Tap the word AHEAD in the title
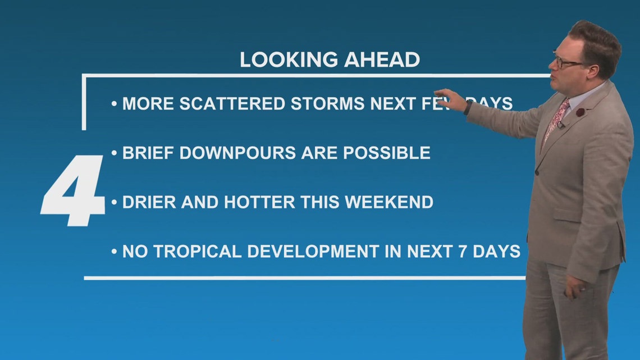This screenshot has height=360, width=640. [x=382, y=60]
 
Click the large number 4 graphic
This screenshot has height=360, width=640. [x=73, y=190]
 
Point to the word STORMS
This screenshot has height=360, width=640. [x=328, y=104]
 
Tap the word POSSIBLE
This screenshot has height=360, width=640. [x=387, y=153]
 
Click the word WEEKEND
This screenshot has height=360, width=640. [x=389, y=202]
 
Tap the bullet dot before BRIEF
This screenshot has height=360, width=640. [x=115, y=153]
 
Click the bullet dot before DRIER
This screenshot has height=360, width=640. [x=115, y=202]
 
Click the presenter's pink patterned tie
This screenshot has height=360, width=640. [x=556, y=121]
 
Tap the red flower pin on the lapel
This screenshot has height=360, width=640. [x=580, y=112]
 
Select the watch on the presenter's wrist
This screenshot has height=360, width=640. [x=468, y=108]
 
